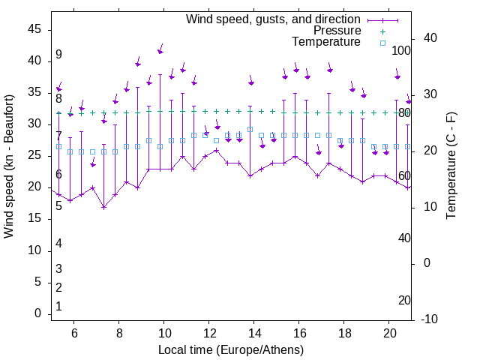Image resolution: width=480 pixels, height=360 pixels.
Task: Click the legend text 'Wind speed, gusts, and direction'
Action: pos(273,19)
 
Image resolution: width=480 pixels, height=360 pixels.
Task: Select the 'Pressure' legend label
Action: pos(337,31)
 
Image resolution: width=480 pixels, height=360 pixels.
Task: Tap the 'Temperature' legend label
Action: pos(326,42)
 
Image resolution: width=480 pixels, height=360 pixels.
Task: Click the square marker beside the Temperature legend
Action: pos(382,43)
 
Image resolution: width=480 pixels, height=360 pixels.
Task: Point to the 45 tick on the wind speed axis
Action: pos(34,29)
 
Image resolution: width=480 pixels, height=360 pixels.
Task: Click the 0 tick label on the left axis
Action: pos(38,313)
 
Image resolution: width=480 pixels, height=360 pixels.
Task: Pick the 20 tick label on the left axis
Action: pos(34,187)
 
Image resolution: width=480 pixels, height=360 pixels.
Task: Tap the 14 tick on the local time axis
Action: pos(254,333)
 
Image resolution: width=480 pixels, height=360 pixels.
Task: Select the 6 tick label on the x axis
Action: pos(74,333)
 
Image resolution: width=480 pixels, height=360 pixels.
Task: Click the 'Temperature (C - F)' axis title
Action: pos(451,166)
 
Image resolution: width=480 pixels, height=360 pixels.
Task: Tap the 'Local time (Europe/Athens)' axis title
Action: pos(231,349)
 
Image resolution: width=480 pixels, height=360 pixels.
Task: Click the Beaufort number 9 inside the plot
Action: pos(58,55)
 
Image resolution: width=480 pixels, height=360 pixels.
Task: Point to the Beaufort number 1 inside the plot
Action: pos(58,307)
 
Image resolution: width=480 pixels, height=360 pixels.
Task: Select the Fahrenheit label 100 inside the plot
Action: pos(402,51)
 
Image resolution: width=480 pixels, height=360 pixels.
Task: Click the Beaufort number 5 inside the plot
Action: pos(58,205)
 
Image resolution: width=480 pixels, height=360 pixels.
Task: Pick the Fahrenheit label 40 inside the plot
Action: pos(404,238)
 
